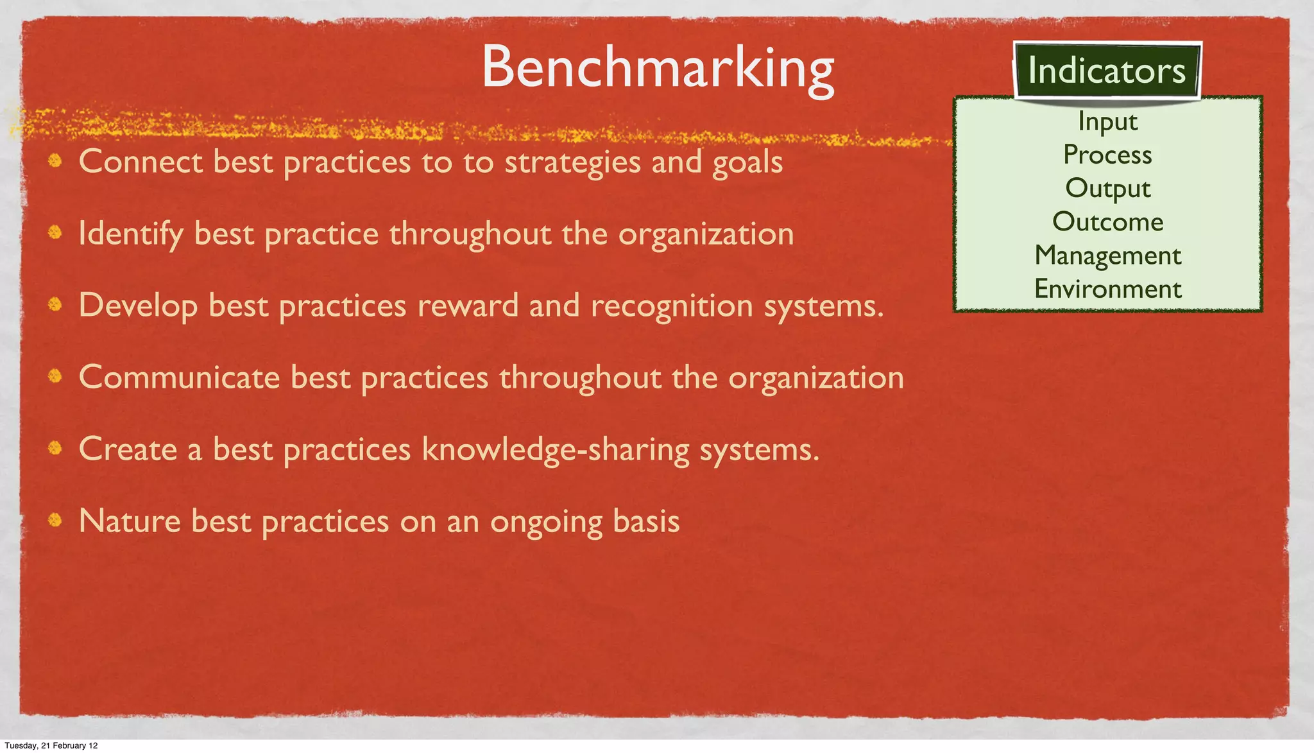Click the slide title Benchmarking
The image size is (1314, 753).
point(658,68)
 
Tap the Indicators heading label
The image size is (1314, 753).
point(1107,71)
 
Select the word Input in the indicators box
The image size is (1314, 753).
point(1107,121)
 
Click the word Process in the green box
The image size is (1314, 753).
point(1107,155)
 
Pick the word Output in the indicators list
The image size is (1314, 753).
point(1107,189)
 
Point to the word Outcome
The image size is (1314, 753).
point(1107,222)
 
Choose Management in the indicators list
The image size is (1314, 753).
point(1107,255)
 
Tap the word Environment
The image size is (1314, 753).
point(1107,289)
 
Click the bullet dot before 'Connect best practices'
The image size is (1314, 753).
point(56,159)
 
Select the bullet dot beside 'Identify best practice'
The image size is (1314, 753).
point(56,231)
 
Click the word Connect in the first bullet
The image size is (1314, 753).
point(141,161)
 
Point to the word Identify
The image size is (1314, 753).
point(131,234)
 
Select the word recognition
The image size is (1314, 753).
point(672,306)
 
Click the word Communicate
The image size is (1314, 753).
point(179,377)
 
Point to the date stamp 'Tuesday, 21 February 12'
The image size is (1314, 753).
point(51,745)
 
